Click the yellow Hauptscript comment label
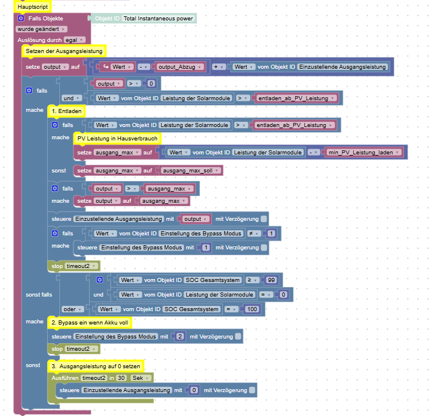click(32, 6)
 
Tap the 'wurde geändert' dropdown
click(41, 29)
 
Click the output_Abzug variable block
click(180, 67)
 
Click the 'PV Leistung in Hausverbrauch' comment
click(118, 138)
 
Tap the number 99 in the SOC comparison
click(272, 280)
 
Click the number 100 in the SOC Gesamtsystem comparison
click(251, 309)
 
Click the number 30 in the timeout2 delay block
click(121, 378)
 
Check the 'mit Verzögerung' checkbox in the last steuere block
click(252, 390)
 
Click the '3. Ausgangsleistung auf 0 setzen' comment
click(95, 366)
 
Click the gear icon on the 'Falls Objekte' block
click(21, 19)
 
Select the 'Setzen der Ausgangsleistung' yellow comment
click(64, 51)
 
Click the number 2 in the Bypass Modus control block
click(180, 337)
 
